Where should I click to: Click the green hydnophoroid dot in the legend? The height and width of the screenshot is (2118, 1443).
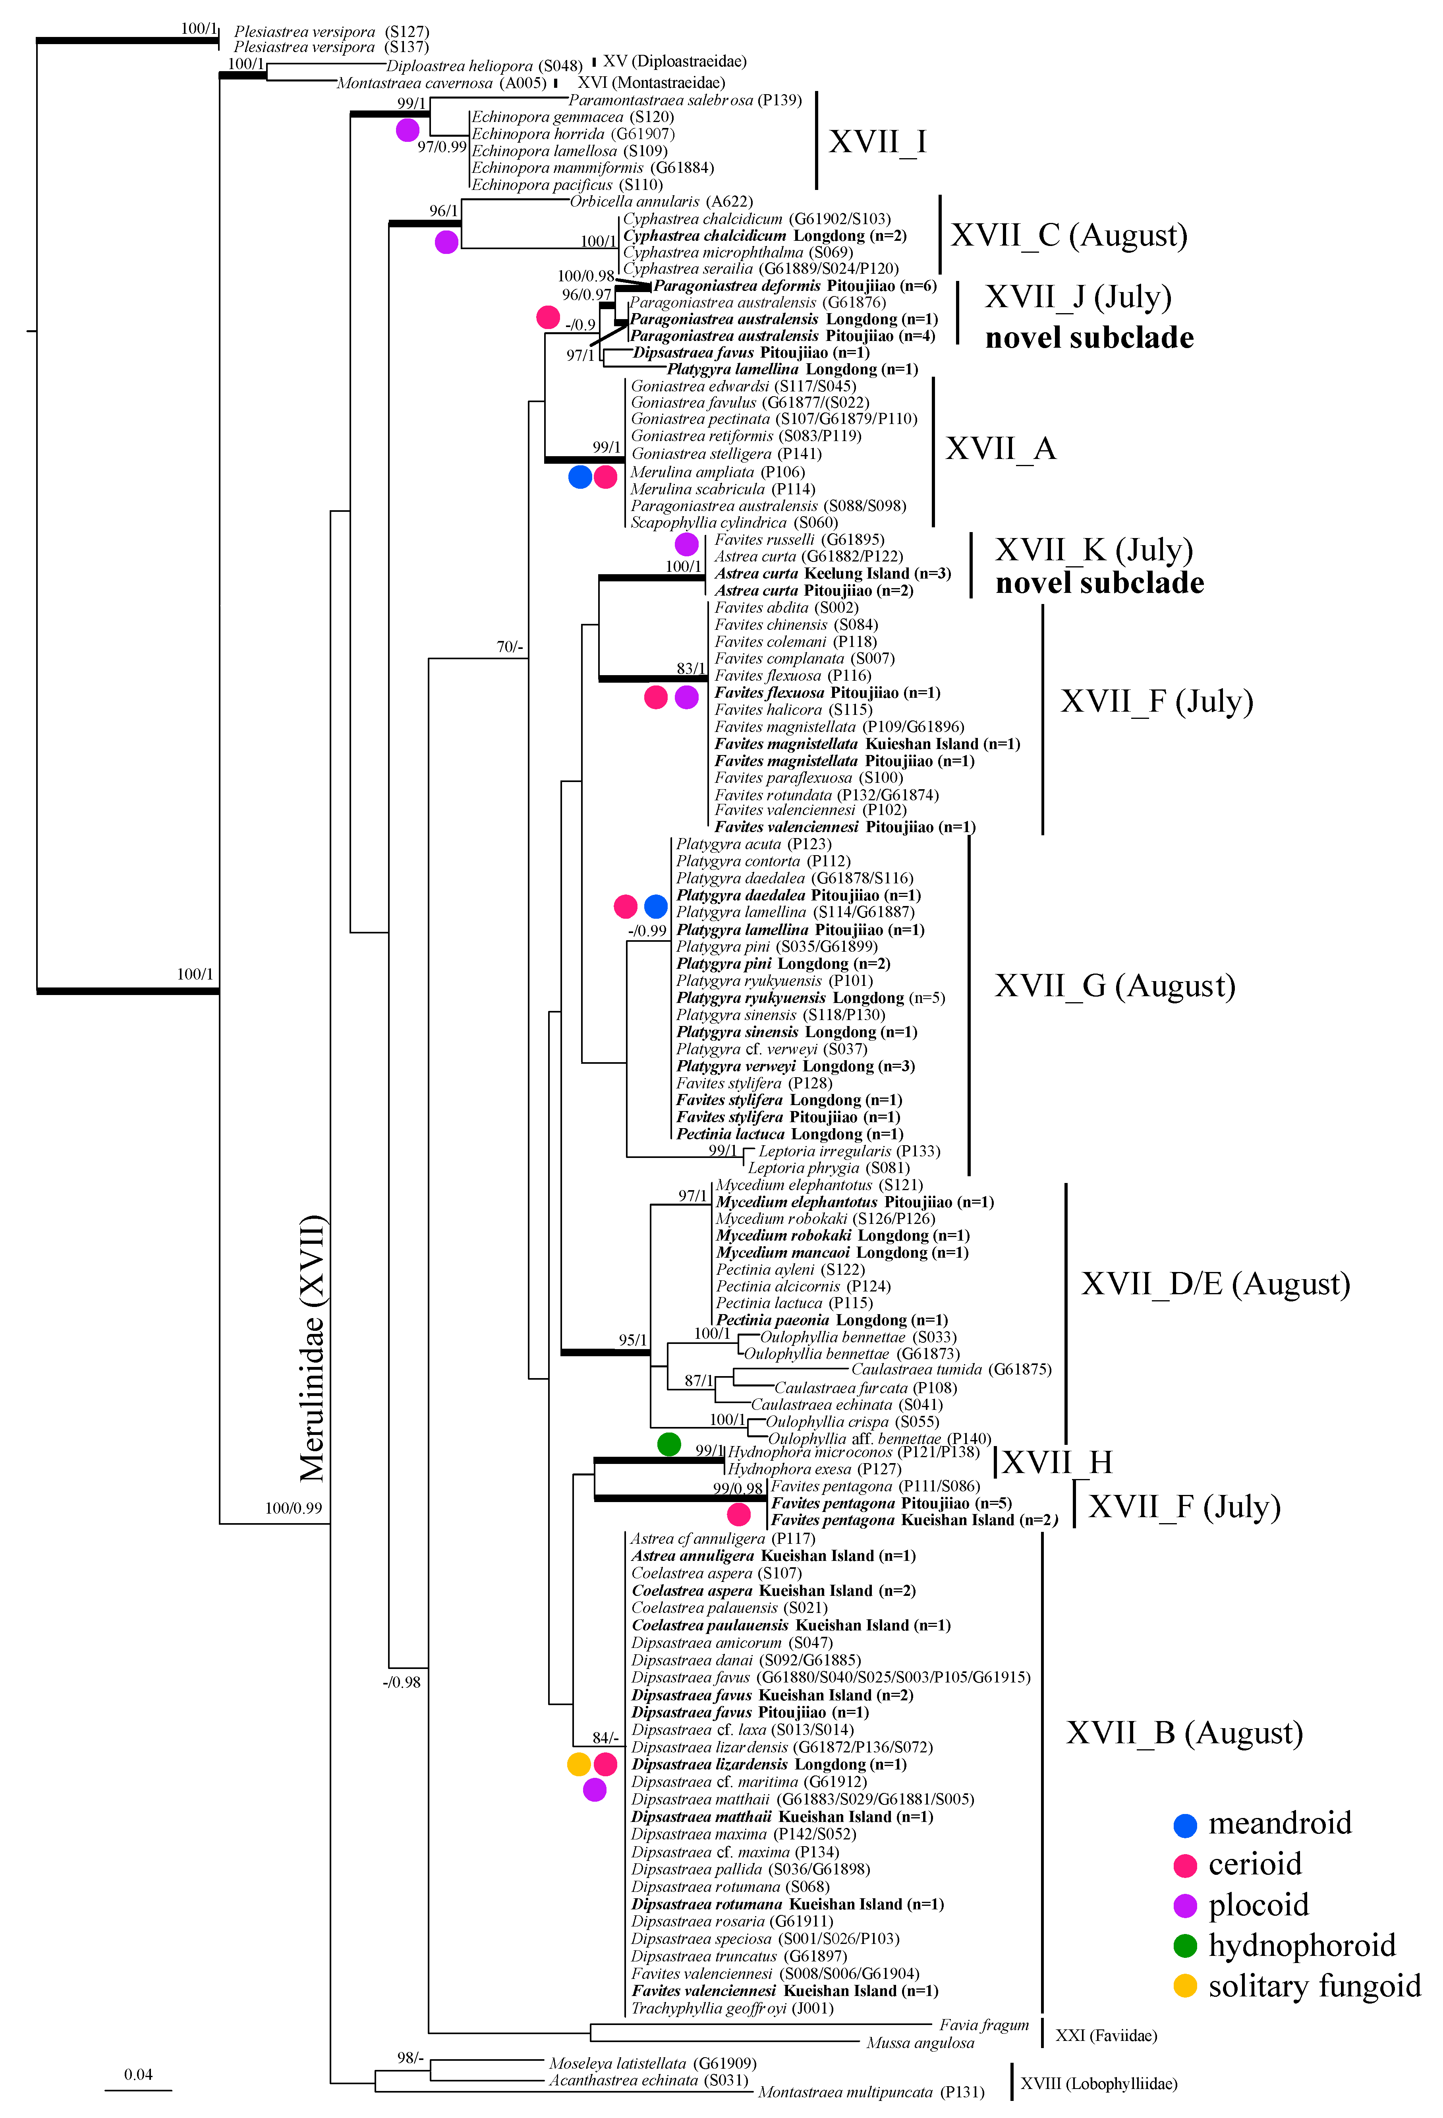[1184, 1946]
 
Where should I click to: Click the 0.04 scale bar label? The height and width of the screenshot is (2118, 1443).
[139, 2074]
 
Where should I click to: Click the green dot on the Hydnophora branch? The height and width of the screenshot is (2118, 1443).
[668, 1444]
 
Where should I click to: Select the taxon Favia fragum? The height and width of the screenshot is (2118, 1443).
[984, 2025]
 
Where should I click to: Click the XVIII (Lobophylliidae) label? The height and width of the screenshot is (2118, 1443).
[1099, 2083]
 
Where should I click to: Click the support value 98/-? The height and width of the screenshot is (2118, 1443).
[410, 2058]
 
